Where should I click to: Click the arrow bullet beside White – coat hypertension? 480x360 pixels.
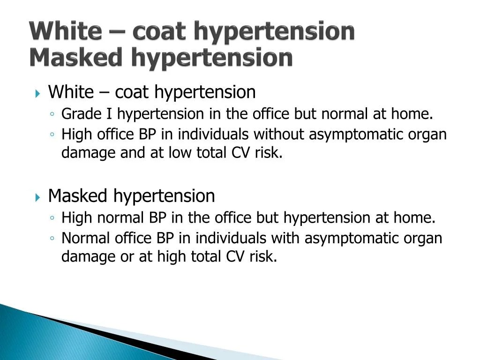click(38, 93)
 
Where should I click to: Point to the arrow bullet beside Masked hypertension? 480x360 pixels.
click(38, 197)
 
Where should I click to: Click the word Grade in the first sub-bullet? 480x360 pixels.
click(76, 114)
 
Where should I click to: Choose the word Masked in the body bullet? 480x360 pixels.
click(78, 196)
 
